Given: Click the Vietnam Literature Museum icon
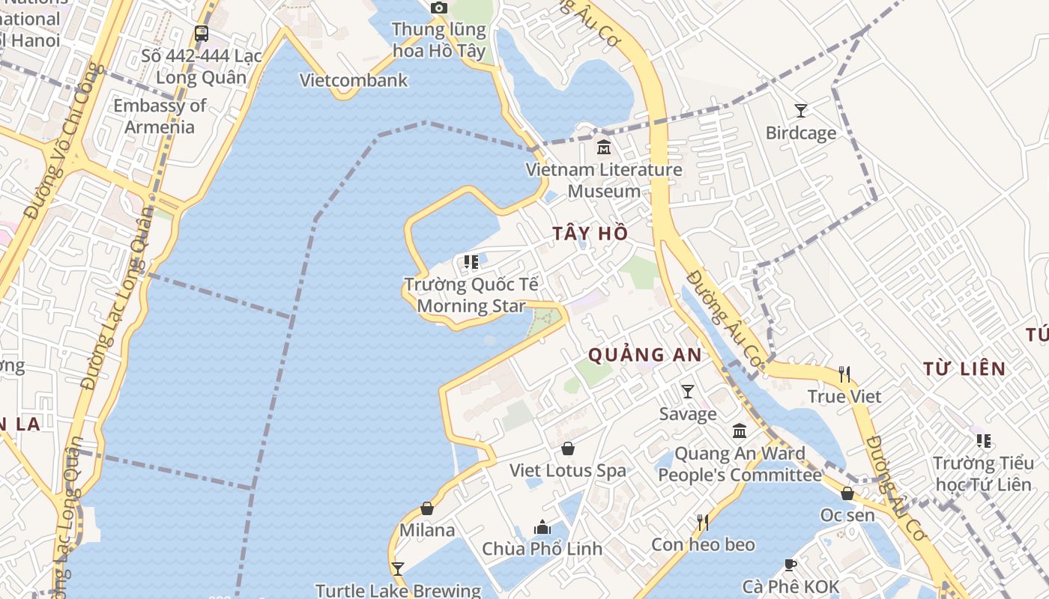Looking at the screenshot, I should click(604, 148).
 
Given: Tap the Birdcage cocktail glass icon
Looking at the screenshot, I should click(801, 111).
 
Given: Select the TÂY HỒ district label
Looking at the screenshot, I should click(590, 234).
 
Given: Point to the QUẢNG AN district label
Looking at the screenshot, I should click(645, 355).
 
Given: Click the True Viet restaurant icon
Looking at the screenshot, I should click(844, 374).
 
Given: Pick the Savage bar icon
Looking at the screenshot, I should click(687, 391).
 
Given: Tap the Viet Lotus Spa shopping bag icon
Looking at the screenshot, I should click(568, 449).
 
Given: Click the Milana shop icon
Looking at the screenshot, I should click(427, 508).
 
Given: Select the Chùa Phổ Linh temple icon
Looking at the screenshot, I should click(542, 527).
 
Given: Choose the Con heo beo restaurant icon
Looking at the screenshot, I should click(703, 522).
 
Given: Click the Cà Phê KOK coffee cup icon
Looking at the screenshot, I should click(790, 565).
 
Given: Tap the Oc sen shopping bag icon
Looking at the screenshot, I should click(847, 493).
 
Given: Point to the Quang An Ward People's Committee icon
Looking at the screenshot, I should click(740, 431).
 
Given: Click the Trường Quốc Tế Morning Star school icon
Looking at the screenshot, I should click(471, 262).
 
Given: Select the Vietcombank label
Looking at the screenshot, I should click(354, 80).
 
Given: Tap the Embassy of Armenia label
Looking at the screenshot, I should click(160, 116).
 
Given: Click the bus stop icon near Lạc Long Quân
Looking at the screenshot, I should click(201, 34).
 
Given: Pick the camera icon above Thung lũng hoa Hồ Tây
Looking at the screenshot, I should click(439, 8).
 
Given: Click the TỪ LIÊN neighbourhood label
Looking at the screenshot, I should click(964, 368).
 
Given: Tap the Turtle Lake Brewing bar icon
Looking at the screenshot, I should click(397, 569).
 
